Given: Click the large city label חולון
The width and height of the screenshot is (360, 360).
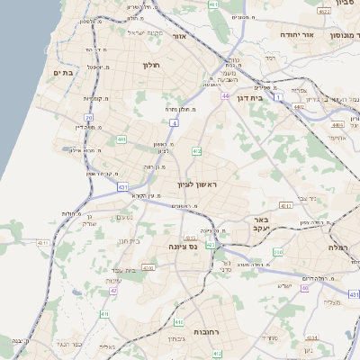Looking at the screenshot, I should [149, 65].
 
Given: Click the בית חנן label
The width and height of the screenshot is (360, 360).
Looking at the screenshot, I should [131, 240].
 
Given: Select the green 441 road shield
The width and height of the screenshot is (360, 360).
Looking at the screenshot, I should [121, 139].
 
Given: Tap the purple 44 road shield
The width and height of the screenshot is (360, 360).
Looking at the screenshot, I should [225, 95].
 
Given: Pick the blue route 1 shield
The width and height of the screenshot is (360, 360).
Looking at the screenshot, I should [279, 95].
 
